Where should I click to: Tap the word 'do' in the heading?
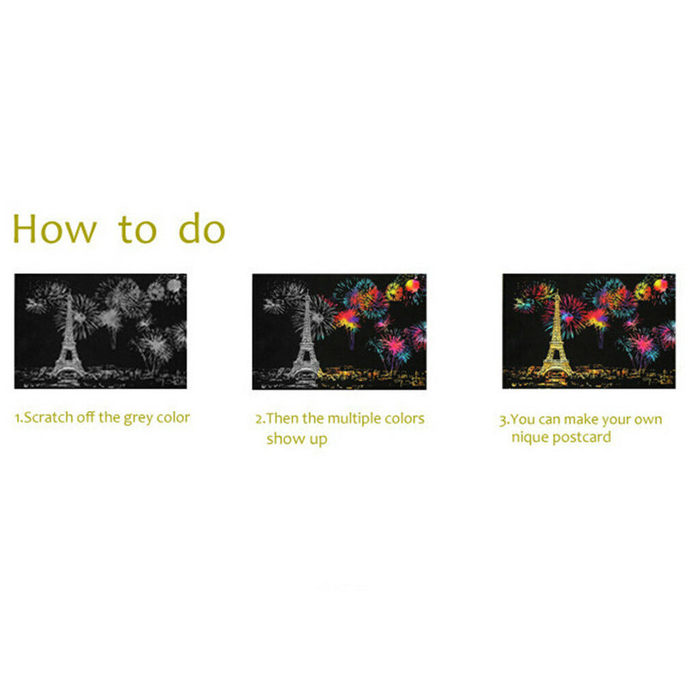tap(201, 229)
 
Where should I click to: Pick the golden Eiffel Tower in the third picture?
tap(557, 339)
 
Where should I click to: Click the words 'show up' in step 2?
tap(296, 438)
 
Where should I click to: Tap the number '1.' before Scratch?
tap(18, 419)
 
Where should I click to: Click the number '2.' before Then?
tap(260, 420)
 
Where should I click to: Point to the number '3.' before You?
tap(504, 420)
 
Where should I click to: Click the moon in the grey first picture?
tap(176, 284)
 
